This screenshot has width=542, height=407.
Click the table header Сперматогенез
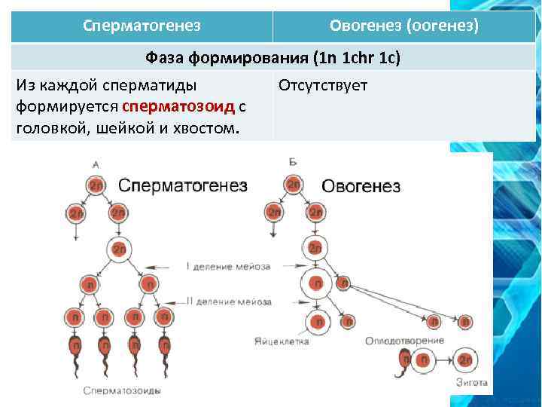tap(142, 26)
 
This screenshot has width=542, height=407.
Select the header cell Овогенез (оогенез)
tap(403, 26)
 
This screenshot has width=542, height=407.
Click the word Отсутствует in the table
tap(323, 84)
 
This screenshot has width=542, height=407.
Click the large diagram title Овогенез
tap(361, 186)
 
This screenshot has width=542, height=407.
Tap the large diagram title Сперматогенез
tap(183, 185)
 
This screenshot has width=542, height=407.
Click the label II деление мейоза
tap(229, 302)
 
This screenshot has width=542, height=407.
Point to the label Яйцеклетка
tap(282, 341)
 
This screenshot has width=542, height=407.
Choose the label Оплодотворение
tap(404, 341)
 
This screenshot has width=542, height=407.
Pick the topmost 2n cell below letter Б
tap(293, 185)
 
